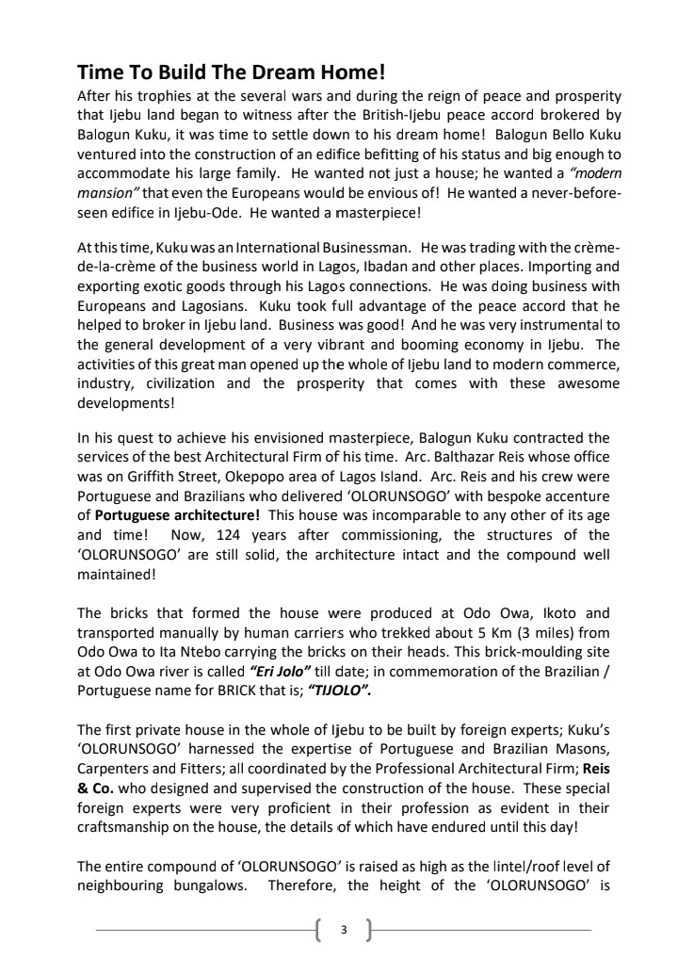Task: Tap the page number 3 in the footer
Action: pyautogui.click(x=344, y=930)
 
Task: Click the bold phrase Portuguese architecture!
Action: pyautogui.click(x=174, y=514)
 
